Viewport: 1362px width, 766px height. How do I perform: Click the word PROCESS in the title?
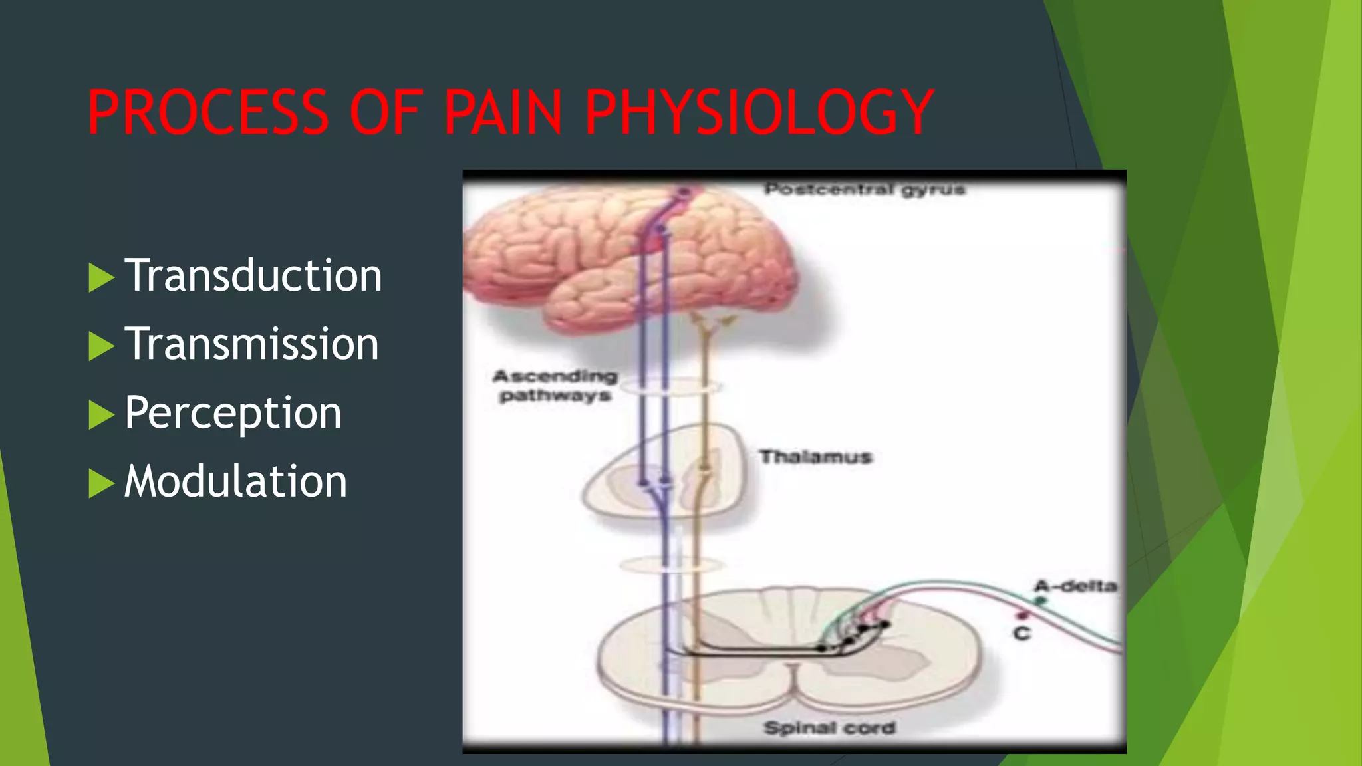click(208, 112)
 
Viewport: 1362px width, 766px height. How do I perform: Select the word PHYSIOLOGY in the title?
click(758, 112)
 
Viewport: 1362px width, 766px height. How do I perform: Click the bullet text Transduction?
click(253, 275)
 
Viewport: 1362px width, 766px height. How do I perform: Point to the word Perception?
click(233, 413)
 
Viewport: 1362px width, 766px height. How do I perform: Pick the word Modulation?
click(235, 481)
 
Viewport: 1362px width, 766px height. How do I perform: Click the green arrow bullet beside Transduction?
click(100, 277)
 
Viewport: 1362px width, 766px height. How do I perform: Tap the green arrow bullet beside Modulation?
click(100, 483)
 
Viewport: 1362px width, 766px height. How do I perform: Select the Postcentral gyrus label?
click(864, 190)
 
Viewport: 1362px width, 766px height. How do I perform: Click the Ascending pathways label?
click(555, 386)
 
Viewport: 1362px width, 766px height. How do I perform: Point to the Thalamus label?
click(815, 457)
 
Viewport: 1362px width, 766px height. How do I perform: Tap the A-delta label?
click(1075, 586)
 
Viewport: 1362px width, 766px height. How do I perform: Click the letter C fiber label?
click(1022, 634)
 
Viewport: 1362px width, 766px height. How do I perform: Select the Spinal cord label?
click(829, 728)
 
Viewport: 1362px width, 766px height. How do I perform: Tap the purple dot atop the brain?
click(683, 193)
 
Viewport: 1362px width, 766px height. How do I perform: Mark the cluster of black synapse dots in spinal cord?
click(858, 635)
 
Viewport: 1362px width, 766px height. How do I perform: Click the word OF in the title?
click(386, 112)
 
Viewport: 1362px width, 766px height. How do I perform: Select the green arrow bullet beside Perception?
click(100, 415)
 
